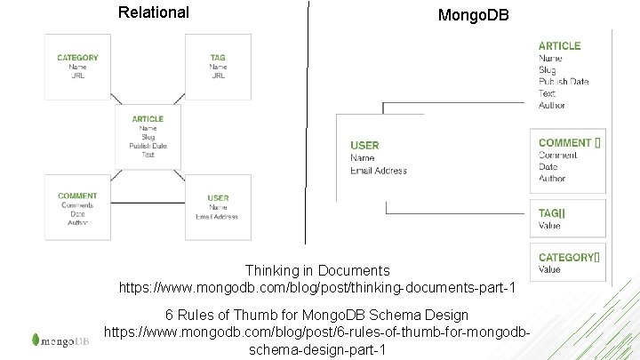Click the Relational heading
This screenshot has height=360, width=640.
tap(153, 12)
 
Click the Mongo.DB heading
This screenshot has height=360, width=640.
tap(473, 16)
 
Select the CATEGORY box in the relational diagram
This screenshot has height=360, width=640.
tap(78, 66)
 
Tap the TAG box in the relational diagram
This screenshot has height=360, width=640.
tap(218, 66)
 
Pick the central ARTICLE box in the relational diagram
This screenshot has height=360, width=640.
tap(148, 136)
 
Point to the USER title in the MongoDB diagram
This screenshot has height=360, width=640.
tap(364, 145)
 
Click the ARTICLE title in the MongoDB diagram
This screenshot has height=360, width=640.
tap(560, 45)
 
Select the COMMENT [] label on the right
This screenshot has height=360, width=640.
tap(569, 143)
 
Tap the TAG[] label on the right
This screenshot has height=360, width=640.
tap(552, 213)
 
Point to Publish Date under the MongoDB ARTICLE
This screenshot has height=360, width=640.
tap(564, 82)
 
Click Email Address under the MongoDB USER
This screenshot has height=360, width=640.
tap(379, 171)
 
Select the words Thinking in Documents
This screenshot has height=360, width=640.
tap(317, 270)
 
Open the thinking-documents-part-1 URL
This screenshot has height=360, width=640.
tap(317, 287)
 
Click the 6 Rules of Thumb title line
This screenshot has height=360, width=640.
tap(317, 316)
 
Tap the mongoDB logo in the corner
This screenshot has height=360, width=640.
tap(60, 340)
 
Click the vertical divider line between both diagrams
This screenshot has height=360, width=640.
tap(308, 124)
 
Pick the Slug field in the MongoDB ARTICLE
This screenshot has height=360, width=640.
tap(548, 70)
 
